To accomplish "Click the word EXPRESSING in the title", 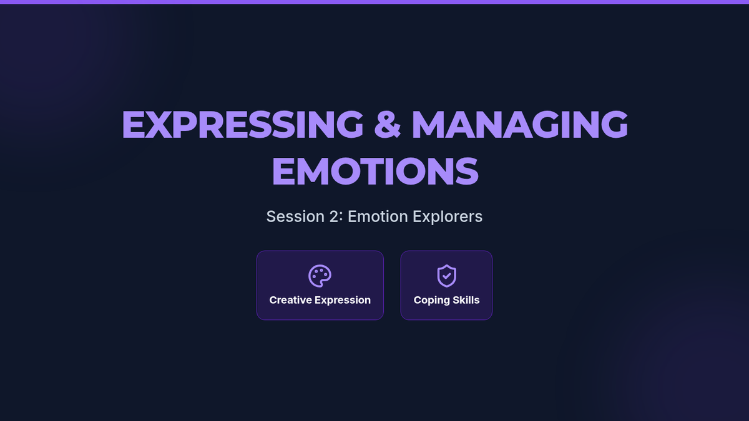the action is pyautogui.click(x=242, y=124).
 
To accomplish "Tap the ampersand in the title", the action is pyautogui.click(x=387, y=124).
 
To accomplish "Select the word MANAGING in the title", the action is pyautogui.click(x=519, y=124).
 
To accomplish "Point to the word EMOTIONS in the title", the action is pyautogui.click(x=375, y=171).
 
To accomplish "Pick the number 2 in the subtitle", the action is pyautogui.click(x=334, y=216).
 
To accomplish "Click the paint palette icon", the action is pyautogui.click(x=320, y=276).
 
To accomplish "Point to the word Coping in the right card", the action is pyautogui.click(x=429, y=301).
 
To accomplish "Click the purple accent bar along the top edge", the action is pyautogui.click(x=374, y=2).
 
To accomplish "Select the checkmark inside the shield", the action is pyautogui.click(x=447, y=276).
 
